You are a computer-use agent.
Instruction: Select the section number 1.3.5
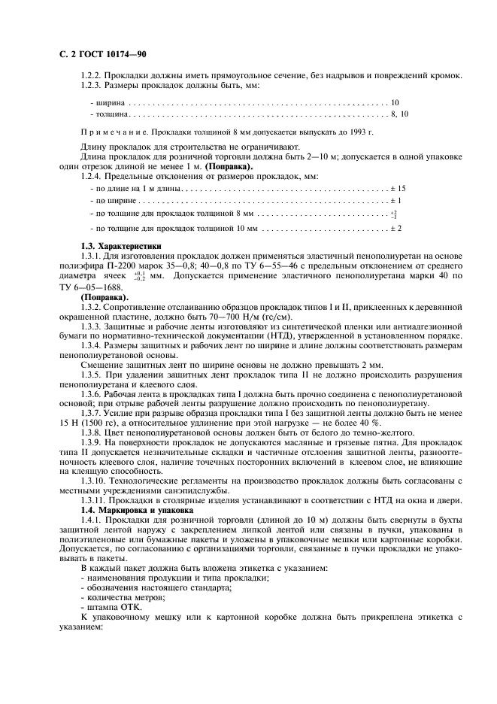(x=94, y=374)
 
